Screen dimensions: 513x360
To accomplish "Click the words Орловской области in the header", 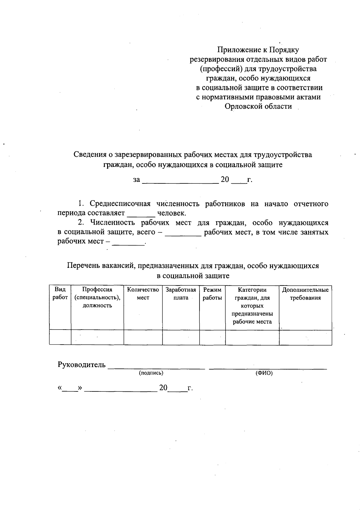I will pyautogui.click(x=258, y=106).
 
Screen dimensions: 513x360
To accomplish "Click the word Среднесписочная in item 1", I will pyautogui.click(x=120, y=204).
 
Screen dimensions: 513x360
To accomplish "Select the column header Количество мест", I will pyautogui.click(x=143, y=294).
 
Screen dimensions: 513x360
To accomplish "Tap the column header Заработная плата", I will pyautogui.click(x=181, y=294).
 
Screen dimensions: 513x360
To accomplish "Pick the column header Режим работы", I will pyautogui.click(x=212, y=294).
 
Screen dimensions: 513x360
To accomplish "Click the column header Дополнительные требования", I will pyautogui.click(x=305, y=294).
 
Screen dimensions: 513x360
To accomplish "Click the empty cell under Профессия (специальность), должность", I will pyautogui.click(x=97, y=337).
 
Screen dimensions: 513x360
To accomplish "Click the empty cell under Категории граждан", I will pyautogui.click(x=252, y=337).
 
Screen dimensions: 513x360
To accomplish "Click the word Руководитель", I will pyautogui.click(x=81, y=365).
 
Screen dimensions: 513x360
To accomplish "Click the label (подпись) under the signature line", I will pyautogui.click(x=151, y=373).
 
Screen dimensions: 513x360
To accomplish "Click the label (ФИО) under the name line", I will pyautogui.click(x=264, y=373).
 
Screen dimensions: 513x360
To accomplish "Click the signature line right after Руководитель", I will pyautogui.click(x=156, y=367).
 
